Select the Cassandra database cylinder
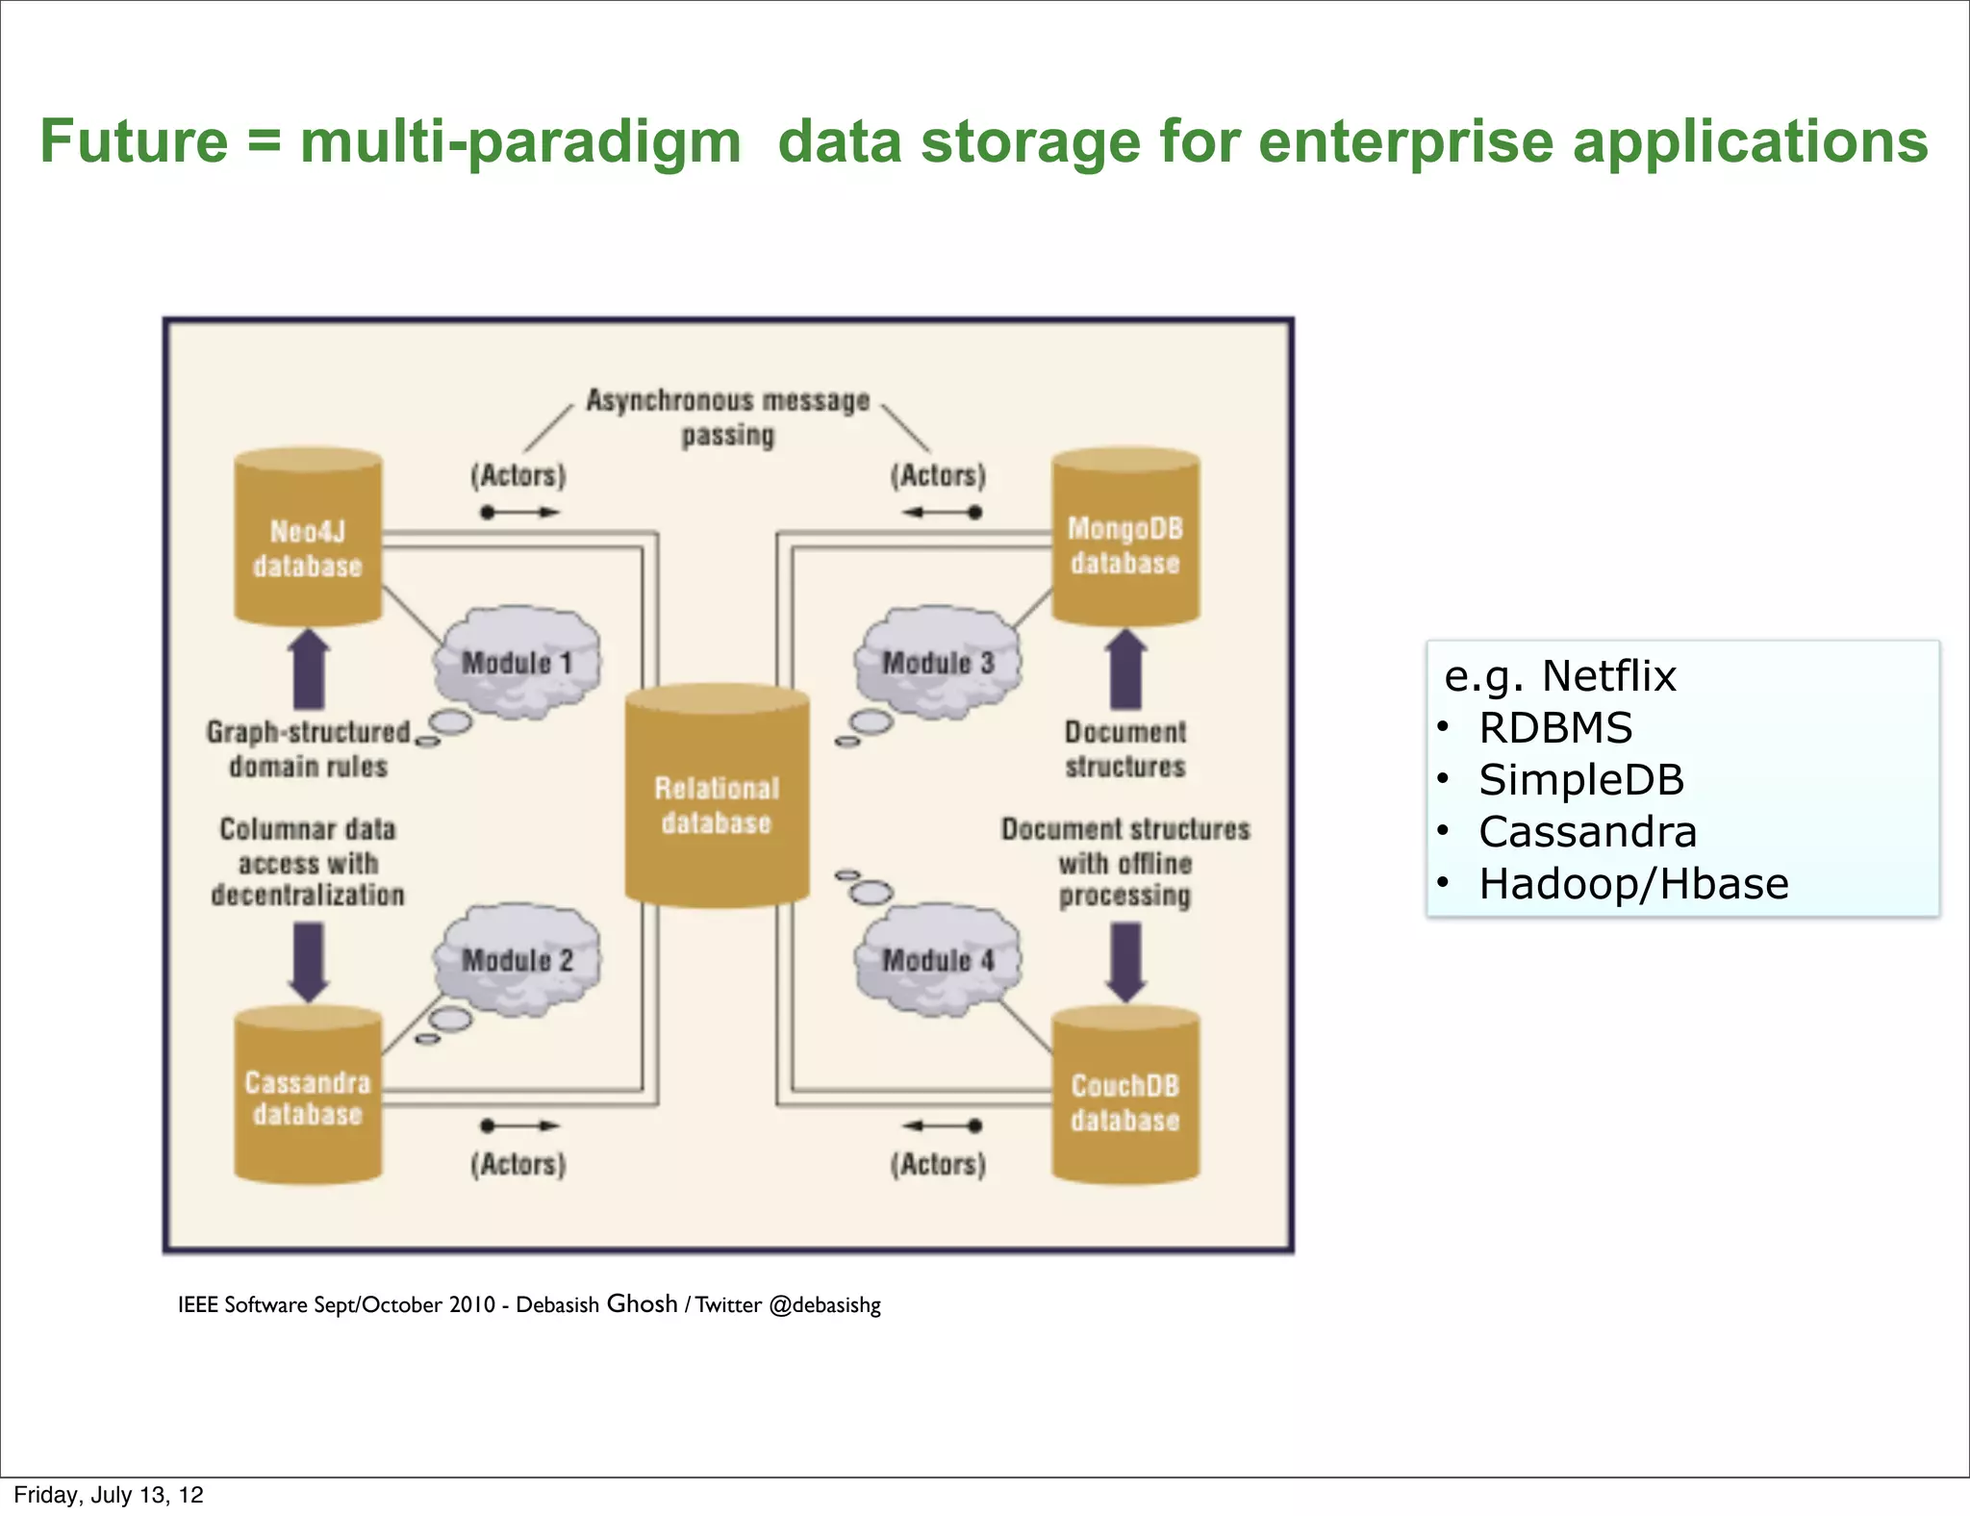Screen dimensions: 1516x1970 click(308, 1097)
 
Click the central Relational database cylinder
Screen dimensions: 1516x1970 click(717, 798)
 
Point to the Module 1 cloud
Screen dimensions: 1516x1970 click(518, 663)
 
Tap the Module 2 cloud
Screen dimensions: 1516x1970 click(518, 960)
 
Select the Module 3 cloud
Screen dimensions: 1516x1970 click(938, 663)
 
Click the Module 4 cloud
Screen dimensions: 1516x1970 click(938, 960)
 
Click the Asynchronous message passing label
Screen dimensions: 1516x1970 click(728, 417)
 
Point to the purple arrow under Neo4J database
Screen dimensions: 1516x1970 click(309, 670)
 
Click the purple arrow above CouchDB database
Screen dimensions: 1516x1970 click(1125, 961)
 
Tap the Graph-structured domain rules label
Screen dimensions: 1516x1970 click(309, 749)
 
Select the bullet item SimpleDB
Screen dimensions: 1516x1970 click(1580, 780)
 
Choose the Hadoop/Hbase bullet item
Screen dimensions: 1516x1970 click(1632, 884)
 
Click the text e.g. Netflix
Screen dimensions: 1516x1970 click(1559, 676)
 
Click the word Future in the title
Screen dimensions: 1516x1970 click(134, 141)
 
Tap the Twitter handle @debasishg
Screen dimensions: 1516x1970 click(824, 1305)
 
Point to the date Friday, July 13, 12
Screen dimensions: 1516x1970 click(109, 1495)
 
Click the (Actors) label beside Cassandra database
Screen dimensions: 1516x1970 click(518, 1165)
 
